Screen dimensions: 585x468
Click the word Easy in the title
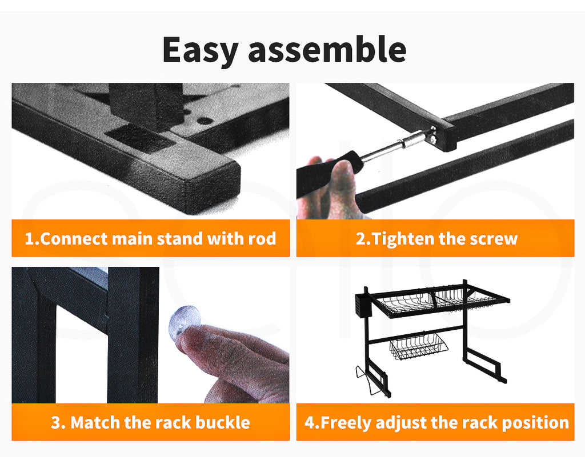[x=200, y=50]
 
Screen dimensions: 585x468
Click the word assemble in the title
[x=327, y=49]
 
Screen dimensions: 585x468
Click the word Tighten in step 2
[x=403, y=239]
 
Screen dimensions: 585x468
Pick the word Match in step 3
[x=95, y=422]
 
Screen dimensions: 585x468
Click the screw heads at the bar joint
[x=433, y=134]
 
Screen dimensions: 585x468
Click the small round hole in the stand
[x=204, y=121]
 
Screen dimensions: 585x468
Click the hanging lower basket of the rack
[x=419, y=346]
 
